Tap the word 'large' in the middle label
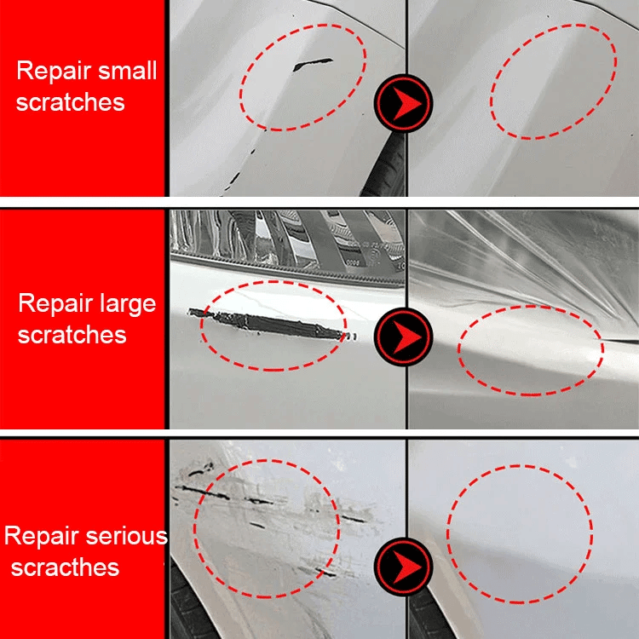tap(120, 303)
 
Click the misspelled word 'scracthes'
tap(65, 567)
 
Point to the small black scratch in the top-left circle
tap(311, 65)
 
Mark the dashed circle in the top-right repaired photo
tap(554, 82)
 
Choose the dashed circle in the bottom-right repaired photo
tap(520, 532)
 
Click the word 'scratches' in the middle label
tap(72, 335)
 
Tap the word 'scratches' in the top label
tap(70, 102)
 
